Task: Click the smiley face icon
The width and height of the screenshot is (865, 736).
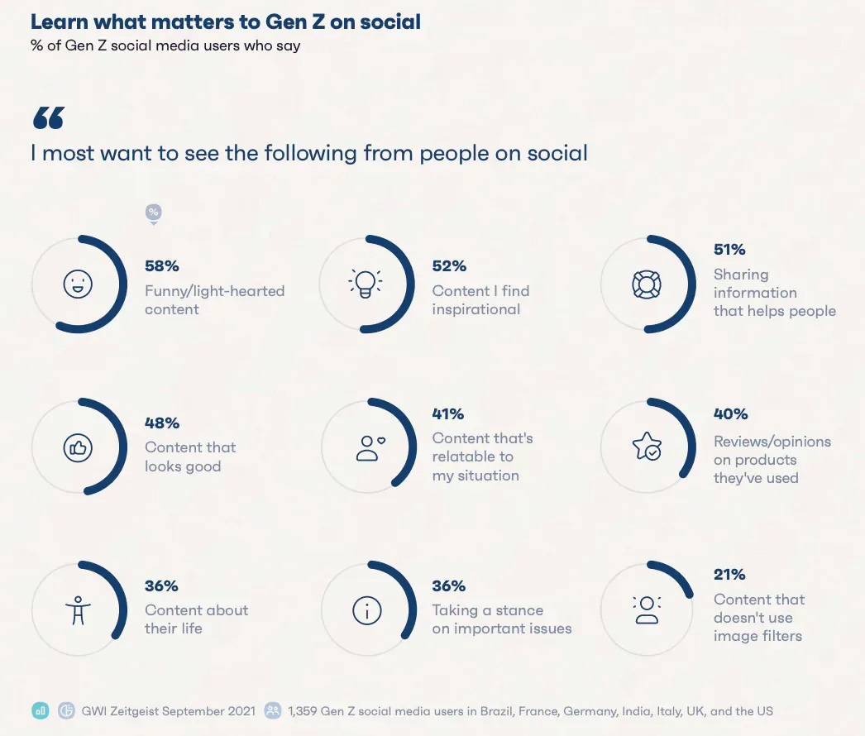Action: pyautogui.click(x=79, y=284)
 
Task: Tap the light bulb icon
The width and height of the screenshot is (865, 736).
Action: pyautogui.click(x=365, y=284)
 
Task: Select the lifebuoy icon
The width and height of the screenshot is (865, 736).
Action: pyautogui.click(x=646, y=284)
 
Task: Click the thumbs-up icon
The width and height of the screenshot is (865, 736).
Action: pyautogui.click(x=78, y=447)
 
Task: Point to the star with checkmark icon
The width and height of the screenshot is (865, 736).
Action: pyautogui.click(x=646, y=447)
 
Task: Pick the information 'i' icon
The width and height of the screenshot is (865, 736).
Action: pyautogui.click(x=366, y=610)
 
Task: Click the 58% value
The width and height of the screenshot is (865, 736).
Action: pyautogui.click(x=162, y=266)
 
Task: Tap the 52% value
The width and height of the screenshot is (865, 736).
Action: pyautogui.click(x=449, y=266)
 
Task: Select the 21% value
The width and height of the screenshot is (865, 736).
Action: pyautogui.click(x=729, y=575)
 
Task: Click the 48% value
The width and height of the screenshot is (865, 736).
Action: pyautogui.click(x=162, y=423)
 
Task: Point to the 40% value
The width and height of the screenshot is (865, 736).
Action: pyautogui.click(x=731, y=413)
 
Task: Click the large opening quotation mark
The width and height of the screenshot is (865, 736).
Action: pyautogui.click(x=48, y=118)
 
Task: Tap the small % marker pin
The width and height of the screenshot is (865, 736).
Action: pyautogui.click(x=153, y=213)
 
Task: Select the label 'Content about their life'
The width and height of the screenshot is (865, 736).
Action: pyautogui.click(x=196, y=619)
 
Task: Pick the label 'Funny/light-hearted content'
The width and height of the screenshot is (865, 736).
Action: pyautogui.click(x=214, y=300)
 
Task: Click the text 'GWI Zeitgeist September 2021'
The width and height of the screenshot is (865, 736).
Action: pyautogui.click(x=166, y=710)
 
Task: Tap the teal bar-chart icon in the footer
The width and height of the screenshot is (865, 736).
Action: pyautogui.click(x=40, y=710)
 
